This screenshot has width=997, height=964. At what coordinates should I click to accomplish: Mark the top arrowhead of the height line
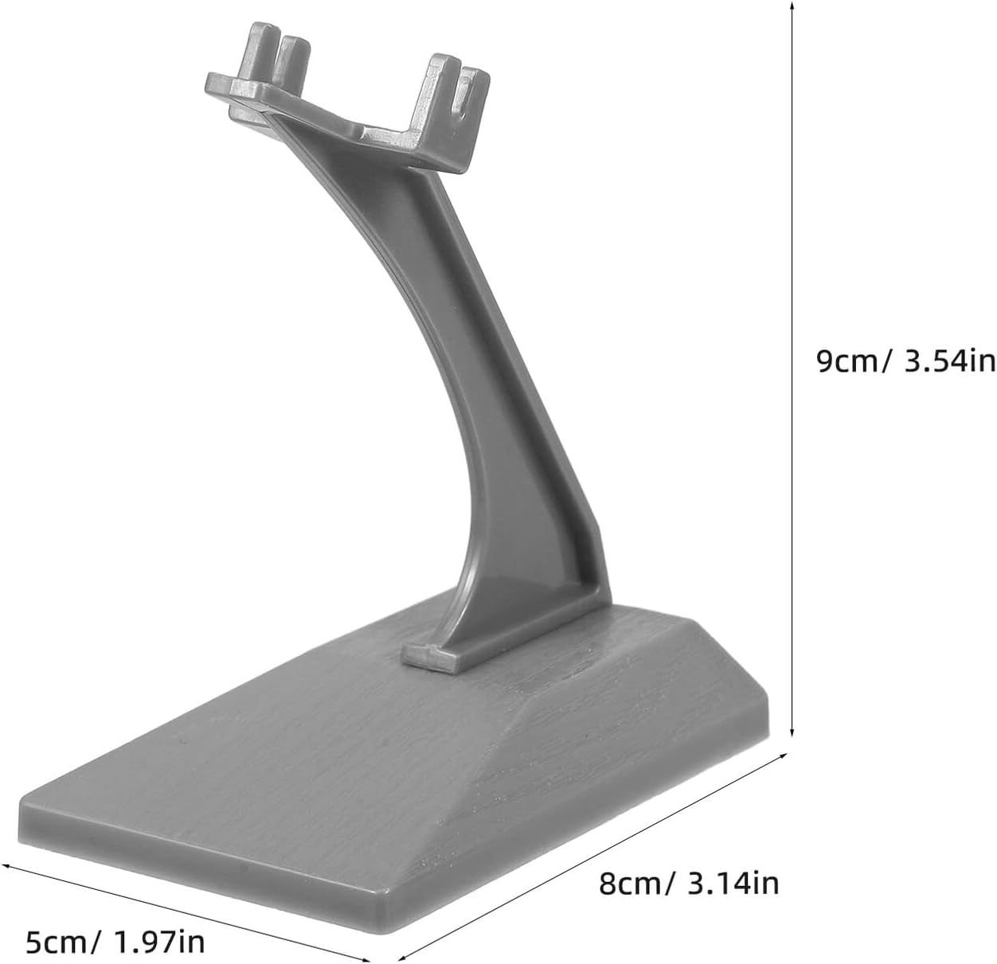coord(792,6)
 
